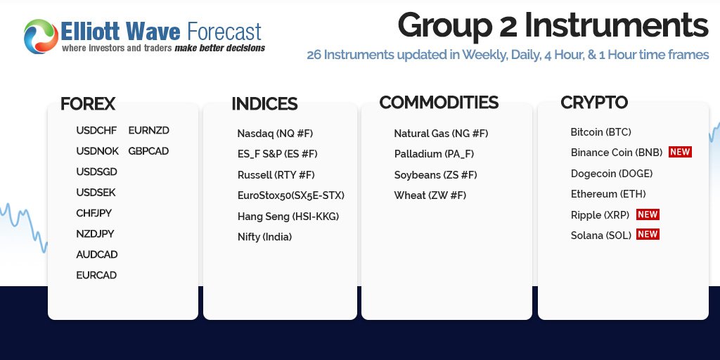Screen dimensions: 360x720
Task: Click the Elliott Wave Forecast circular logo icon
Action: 39,37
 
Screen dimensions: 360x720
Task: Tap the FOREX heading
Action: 88,104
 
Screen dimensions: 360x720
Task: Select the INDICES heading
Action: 264,104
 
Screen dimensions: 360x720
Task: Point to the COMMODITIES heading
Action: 439,103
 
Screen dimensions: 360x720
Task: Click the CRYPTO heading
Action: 594,103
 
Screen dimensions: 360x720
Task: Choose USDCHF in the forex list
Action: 96,131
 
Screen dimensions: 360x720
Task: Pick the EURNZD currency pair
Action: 148,131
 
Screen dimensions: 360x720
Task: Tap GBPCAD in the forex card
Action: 148,151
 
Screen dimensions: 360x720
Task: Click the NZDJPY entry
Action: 95,234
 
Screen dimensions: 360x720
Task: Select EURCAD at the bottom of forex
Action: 96,276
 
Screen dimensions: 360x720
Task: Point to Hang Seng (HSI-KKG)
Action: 288,217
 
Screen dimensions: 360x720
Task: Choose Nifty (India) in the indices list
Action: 264,238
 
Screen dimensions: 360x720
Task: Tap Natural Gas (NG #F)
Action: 441,134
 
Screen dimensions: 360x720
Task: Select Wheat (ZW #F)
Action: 430,195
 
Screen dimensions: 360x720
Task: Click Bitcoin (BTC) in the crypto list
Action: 601,132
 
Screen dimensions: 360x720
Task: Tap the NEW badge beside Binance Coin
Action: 680,152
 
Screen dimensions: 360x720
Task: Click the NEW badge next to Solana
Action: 648,235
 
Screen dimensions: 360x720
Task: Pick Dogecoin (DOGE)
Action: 612,174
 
